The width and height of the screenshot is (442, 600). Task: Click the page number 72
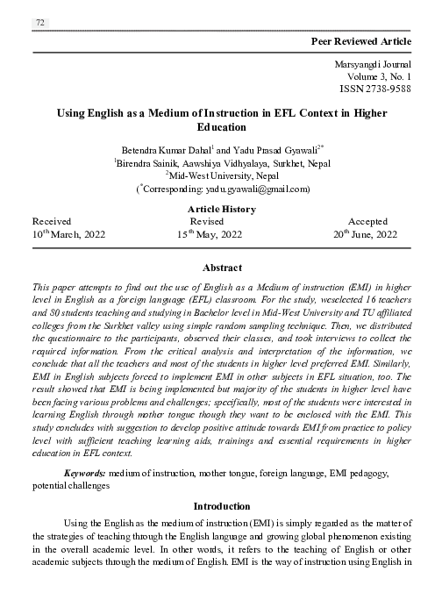pos(40,23)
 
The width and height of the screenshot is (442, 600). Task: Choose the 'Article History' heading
pos(222,209)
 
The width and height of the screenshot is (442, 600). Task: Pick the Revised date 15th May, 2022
pos(210,235)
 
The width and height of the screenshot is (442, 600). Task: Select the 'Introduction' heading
pos(222,506)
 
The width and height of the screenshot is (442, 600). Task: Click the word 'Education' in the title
pos(222,126)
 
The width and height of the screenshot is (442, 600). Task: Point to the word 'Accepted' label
pos(367,222)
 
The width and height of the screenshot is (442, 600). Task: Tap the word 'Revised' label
pos(207,222)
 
